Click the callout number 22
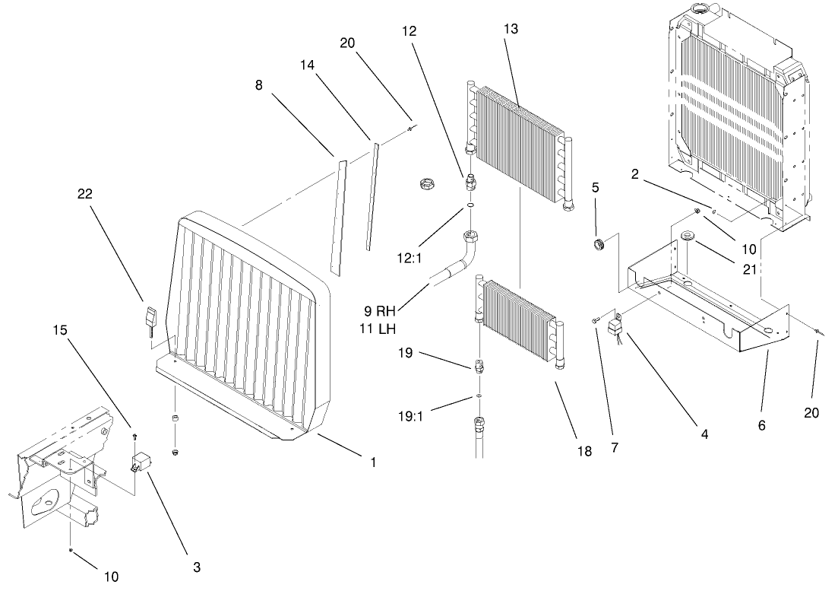point(84,194)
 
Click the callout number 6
point(762,426)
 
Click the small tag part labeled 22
point(150,316)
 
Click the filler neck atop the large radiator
point(699,8)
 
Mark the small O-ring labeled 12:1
point(470,205)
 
